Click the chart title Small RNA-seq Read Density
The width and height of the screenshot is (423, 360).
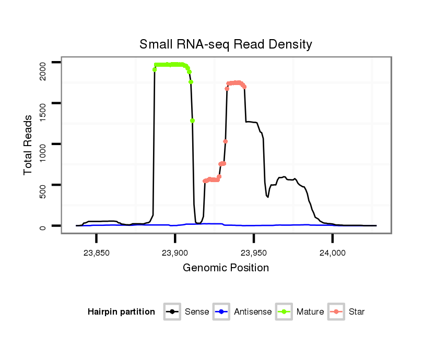point(226,44)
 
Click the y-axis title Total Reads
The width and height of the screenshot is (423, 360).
point(28,145)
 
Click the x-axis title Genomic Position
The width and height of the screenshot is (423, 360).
point(226,268)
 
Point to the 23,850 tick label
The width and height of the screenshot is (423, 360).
point(96,253)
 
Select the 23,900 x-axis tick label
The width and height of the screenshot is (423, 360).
point(175,253)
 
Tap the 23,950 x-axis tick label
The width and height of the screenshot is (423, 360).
point(254,253)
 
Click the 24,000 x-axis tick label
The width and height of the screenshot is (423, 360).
point(333,253)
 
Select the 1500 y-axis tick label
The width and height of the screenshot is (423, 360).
point(43,111)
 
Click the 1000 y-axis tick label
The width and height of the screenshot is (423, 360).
point(43,151)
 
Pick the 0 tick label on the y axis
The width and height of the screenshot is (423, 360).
point(43,227)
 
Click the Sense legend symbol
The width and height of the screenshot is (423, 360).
point(172,312)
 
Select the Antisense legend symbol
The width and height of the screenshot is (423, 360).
point(221,312)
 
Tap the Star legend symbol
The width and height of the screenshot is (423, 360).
point(337,312)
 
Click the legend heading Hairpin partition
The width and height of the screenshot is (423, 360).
point(121,312)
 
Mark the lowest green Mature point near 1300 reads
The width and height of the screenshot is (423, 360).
point(193,121)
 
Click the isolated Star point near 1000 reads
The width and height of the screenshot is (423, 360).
point(225,141)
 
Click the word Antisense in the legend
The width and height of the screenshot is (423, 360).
point(253,312)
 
